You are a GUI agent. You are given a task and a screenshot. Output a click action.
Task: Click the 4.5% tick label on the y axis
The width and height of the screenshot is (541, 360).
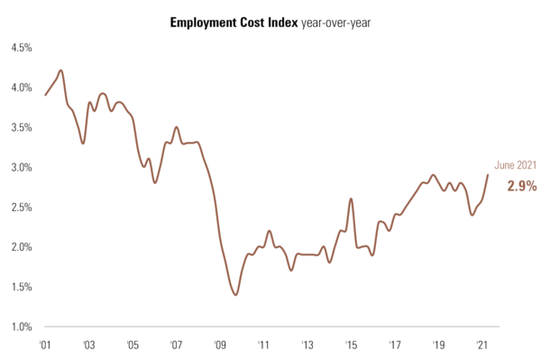pyautogui.click(x=22, y=48)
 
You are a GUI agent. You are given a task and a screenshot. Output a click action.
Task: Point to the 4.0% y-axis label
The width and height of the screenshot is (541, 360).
pyautogui.click(x=22, y=88)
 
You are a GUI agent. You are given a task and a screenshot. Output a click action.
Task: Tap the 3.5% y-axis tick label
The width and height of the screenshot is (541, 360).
pyautogui.click(x=22, y=127)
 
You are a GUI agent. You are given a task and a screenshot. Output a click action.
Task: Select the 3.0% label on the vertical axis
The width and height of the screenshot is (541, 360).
pyautogui.click(x=22, y=167)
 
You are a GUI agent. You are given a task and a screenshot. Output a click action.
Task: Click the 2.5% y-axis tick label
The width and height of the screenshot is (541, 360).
pyautogui.click(x=22, y=207)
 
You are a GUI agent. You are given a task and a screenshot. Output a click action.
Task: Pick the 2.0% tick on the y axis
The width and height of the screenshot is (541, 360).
pyautogui.click(x=22, y=246)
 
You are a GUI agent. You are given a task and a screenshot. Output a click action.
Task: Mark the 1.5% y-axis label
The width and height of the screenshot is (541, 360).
pyautogui.click(x=22, y=287)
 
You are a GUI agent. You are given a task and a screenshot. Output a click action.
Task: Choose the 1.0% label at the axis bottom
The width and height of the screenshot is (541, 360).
pyautogui.click(x=22, y=327)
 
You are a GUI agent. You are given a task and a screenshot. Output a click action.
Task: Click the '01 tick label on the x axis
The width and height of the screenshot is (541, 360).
pyautogui.click(x=45, y=345)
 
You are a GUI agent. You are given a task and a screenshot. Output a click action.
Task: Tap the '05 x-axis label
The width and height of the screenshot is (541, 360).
pyautogui.click(x=132, y=345)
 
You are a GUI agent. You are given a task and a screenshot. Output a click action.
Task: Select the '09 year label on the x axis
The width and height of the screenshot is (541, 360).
pyautogui.click(x=219, y=345)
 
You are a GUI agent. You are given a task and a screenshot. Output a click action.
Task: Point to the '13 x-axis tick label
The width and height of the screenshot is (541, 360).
pyautogui.click(x=307, y=345)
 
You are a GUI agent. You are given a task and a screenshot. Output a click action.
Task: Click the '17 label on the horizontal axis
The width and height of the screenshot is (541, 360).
pyautogui.click(x=395, y=345)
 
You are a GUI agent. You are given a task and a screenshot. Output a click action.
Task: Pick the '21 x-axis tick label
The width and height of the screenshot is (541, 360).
pyautogui.click(x=482, y=345)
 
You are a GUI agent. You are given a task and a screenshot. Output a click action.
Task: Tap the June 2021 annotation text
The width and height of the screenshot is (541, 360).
pyautogui.click(x=517, y=165)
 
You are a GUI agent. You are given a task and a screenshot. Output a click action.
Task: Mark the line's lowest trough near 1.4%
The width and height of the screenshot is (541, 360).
pyautogui.click(x=235, y=295)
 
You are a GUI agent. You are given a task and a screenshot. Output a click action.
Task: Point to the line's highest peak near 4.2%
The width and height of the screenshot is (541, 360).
pyautogui.click(x=60, y=70)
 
